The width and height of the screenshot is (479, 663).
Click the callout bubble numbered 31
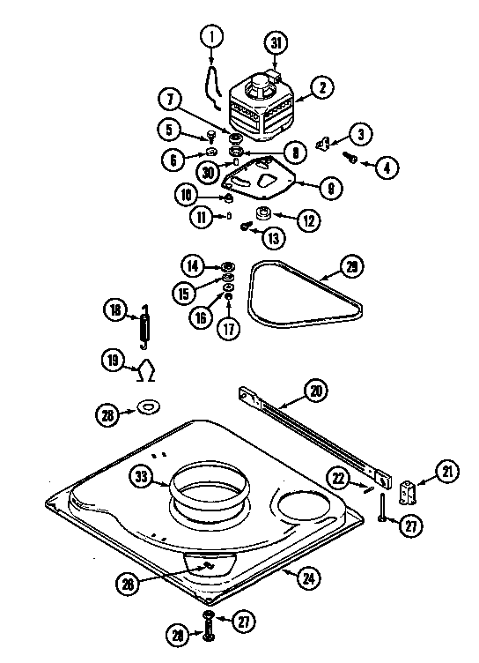pyautogui.click(x=276, y=42)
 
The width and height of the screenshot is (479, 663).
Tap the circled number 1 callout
pyautogui.click(x=211, y=38)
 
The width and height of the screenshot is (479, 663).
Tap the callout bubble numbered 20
pyautogui.click(x=314, y=389)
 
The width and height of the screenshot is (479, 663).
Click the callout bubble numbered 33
pyautogui.click(x=140, y=479)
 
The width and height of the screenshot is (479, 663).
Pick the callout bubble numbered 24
pyautogui.click(x=307, y=579)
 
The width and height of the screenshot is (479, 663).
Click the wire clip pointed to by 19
pyautogui.click(x=146, y=364)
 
